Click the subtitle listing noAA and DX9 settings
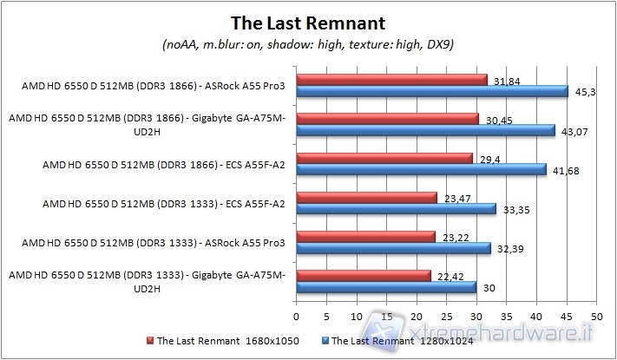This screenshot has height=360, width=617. (x=308, y=43)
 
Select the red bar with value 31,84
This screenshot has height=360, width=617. (x=391, y=80)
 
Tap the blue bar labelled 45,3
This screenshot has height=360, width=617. (x=432, y=92)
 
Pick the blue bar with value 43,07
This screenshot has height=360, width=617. (x=425, y=130)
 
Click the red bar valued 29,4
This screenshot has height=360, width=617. (x=384, y=158)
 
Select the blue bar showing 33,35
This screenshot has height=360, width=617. (x=396, y=208)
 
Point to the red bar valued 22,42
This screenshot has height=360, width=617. (x=364, y=275)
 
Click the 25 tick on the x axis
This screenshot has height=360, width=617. (x=446, y=316)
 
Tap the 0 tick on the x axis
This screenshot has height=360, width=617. (x=297, y=316)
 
